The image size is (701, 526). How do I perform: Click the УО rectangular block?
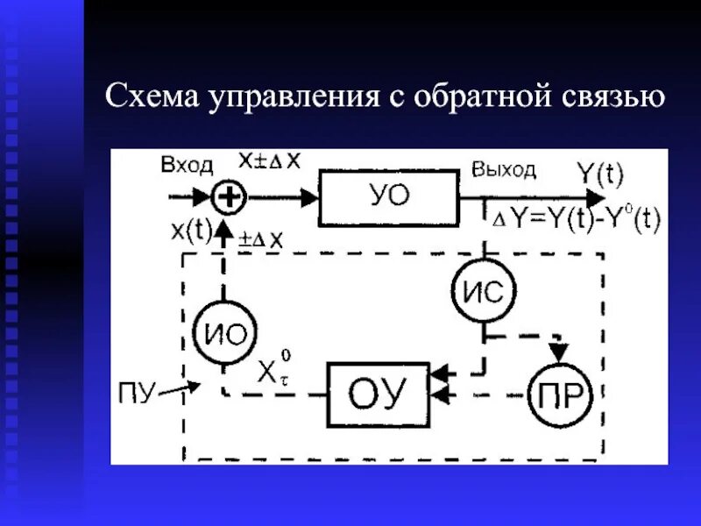387,197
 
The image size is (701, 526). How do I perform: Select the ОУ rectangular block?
378,394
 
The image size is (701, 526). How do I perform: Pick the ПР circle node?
561,396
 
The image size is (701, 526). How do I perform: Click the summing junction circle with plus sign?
229,197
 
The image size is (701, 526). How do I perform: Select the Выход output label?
503,169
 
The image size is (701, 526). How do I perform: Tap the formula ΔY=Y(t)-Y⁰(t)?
576,220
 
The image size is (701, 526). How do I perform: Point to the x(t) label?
191,229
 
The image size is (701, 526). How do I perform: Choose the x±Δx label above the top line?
269,160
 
